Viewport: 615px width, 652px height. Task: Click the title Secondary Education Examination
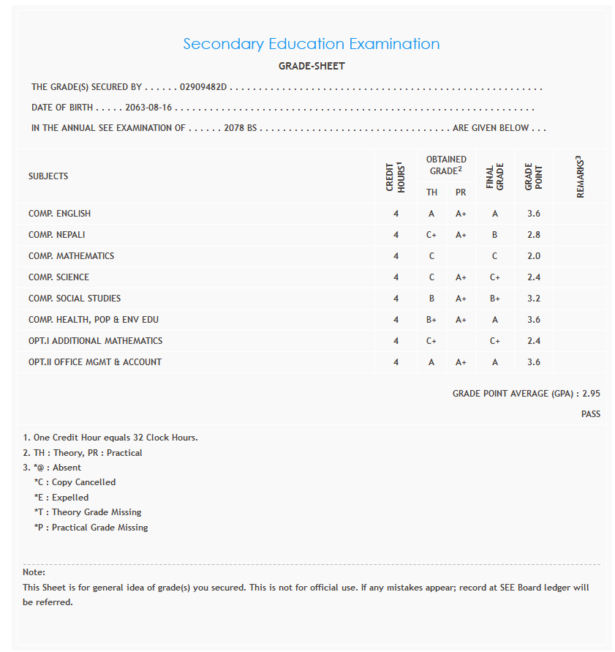point(311,44)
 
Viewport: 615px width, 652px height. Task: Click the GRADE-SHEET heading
point(312,66)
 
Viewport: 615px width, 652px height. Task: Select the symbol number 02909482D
point(204,87)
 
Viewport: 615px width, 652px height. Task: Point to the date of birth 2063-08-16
point(148,108)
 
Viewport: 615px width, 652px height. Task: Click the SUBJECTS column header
point(48,176)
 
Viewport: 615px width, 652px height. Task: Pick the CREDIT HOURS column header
point(396,176)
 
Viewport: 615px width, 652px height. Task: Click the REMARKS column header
point(579,176)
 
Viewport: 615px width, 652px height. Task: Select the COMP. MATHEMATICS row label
point(71,256)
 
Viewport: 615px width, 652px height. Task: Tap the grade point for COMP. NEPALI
point(533,235)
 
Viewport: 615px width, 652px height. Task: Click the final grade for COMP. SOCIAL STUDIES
point(494,299)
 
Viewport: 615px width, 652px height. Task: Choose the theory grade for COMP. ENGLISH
point(431,214)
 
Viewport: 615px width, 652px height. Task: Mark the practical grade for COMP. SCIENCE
point(461,277)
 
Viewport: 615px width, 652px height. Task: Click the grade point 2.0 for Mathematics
point(533,256)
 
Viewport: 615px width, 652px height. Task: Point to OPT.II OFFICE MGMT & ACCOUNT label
point(95,362)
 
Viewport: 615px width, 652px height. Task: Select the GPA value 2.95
point(591,394)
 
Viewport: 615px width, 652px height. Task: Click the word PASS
point(590,414)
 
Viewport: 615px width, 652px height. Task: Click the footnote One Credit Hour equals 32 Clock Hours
point(110,438)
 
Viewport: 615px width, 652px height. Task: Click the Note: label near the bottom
point(34,572)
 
